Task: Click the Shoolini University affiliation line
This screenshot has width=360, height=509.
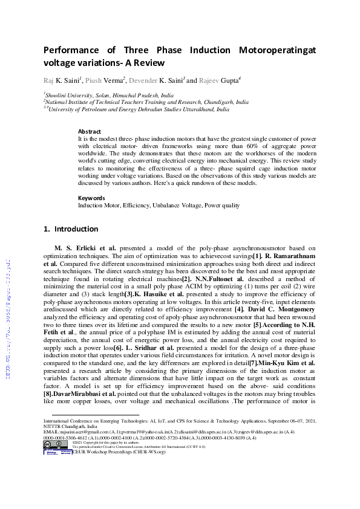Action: coord(109,96)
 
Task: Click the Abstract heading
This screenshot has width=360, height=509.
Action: coord(90,131)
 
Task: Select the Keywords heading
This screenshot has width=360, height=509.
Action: coord(92,198)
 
